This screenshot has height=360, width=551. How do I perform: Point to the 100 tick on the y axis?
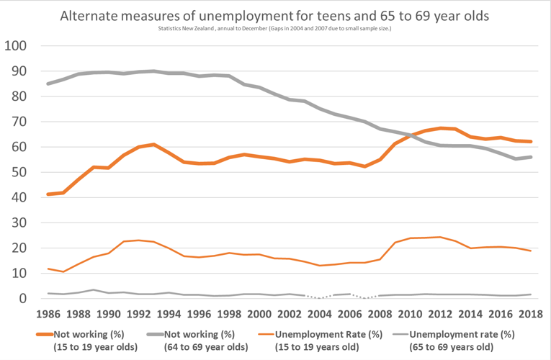click(x=15, y=46)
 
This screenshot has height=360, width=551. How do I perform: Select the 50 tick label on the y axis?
click(x=19, y=172)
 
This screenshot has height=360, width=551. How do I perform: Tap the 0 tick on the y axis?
click(x=22, y=299)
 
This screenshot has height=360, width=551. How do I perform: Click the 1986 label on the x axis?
click(x=48, y=315)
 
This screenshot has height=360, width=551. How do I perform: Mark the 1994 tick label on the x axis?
click(x=169, y=315)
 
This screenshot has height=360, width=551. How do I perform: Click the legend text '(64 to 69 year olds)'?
click(x=207, y=347)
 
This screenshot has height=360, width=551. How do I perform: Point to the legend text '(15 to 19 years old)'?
click(x=319, y=347)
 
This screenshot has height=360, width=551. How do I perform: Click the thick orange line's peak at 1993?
click(x=154, y=145)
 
